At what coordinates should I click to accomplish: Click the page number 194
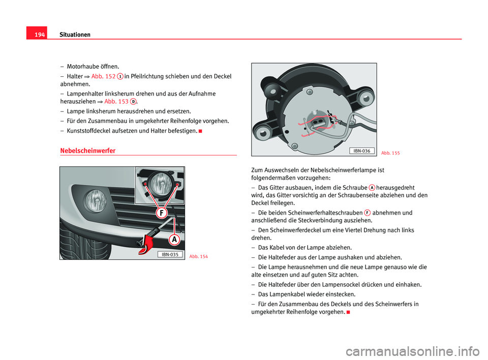coord(39,35)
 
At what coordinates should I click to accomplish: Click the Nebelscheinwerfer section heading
coord(87,151)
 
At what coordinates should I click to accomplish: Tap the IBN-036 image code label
coord(362,151)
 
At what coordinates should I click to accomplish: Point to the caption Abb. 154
coord(198,256)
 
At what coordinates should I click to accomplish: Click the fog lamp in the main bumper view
coord(95,199)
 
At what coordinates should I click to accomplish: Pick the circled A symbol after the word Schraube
coord(372,188)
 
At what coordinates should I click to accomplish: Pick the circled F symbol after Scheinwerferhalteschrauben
coord(367,213)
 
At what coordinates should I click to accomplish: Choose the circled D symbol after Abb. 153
coord(133,101)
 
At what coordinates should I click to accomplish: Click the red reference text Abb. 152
coord(103,76)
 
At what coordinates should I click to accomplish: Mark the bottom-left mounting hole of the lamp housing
coord(263,133)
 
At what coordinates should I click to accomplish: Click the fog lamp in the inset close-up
coord(161,182)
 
